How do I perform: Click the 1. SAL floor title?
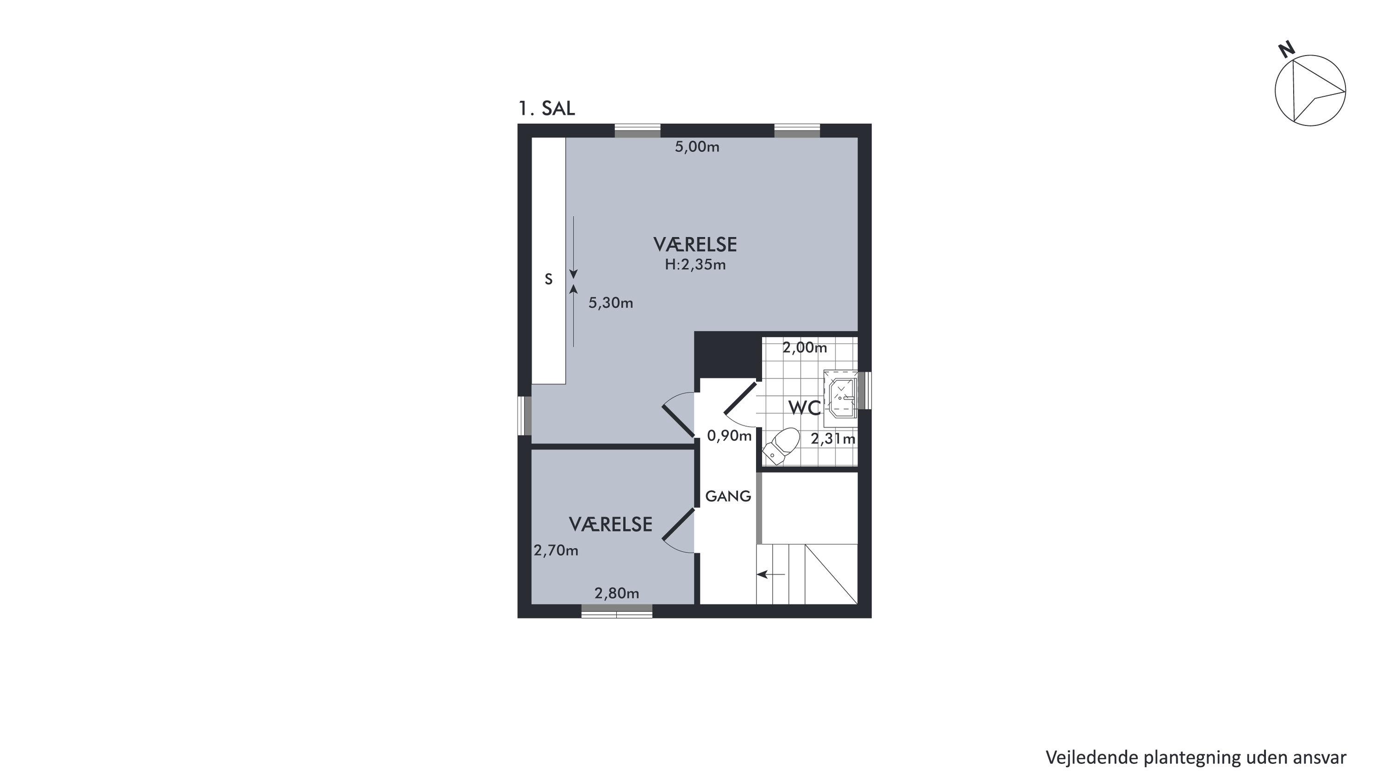[x=546, y=108]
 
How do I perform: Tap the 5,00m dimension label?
[x=697, y=147]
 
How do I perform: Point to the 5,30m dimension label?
[x=610, y=303]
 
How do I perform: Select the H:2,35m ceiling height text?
[x=695, y=265]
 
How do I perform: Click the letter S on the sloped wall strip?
[x=548, y=279]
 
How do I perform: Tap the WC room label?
[x=805, y=408]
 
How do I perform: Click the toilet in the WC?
[x=781, y=446]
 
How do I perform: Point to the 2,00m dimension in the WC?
[x=805, y=348]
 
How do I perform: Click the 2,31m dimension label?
[x=833, y=439]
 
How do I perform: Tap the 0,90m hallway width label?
[x=729, y=436]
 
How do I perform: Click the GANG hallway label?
[x=728, y=496]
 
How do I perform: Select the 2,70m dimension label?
[x=556, y=551]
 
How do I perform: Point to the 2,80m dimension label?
[x=617, y=594]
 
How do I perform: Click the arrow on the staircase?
[x=771, y=574]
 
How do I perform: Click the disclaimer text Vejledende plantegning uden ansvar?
[x=1196, y=758]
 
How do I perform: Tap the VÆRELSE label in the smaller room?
[x=610, y=524]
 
